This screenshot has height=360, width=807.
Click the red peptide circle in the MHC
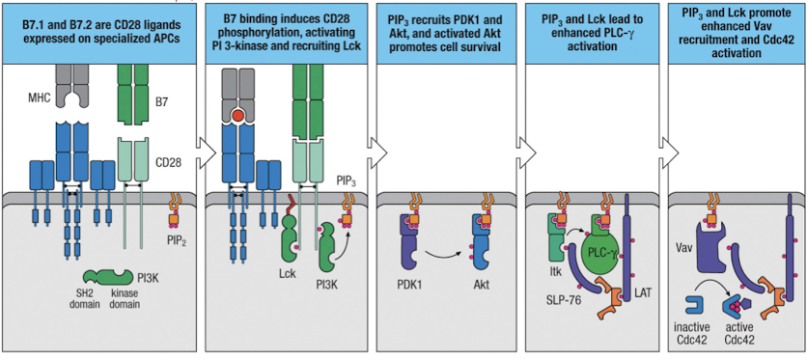click(250, 116)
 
